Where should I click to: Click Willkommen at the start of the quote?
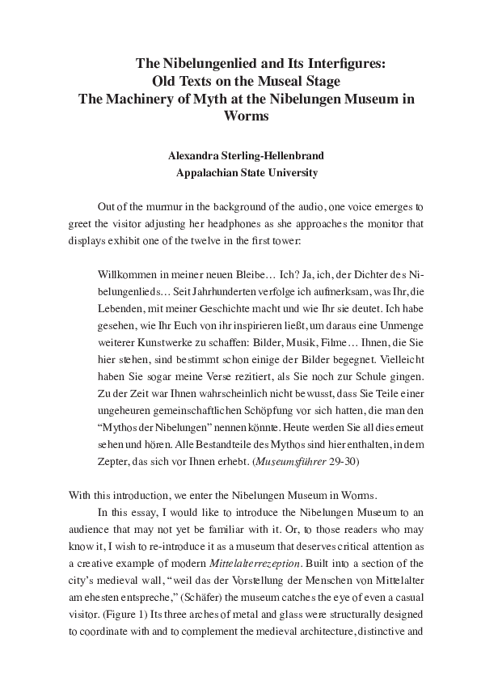pyautogui.click(x=125, y=276)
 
